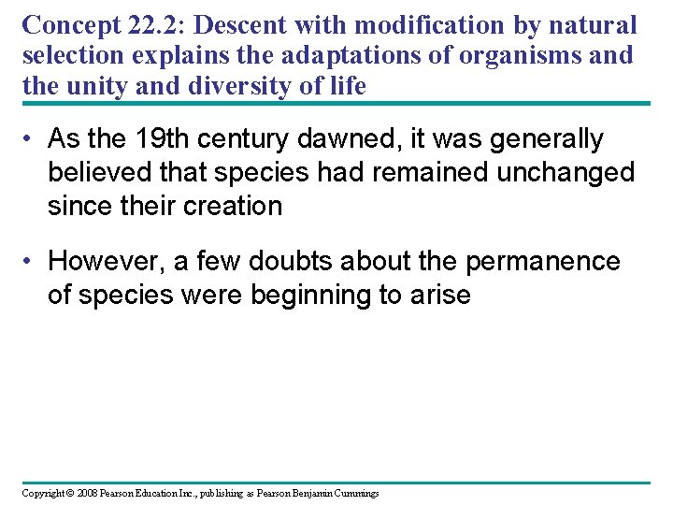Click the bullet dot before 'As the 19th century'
[30, 140]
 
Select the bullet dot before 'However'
[30, 262]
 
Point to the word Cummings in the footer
[355, 493]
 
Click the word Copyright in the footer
[42, 493]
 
